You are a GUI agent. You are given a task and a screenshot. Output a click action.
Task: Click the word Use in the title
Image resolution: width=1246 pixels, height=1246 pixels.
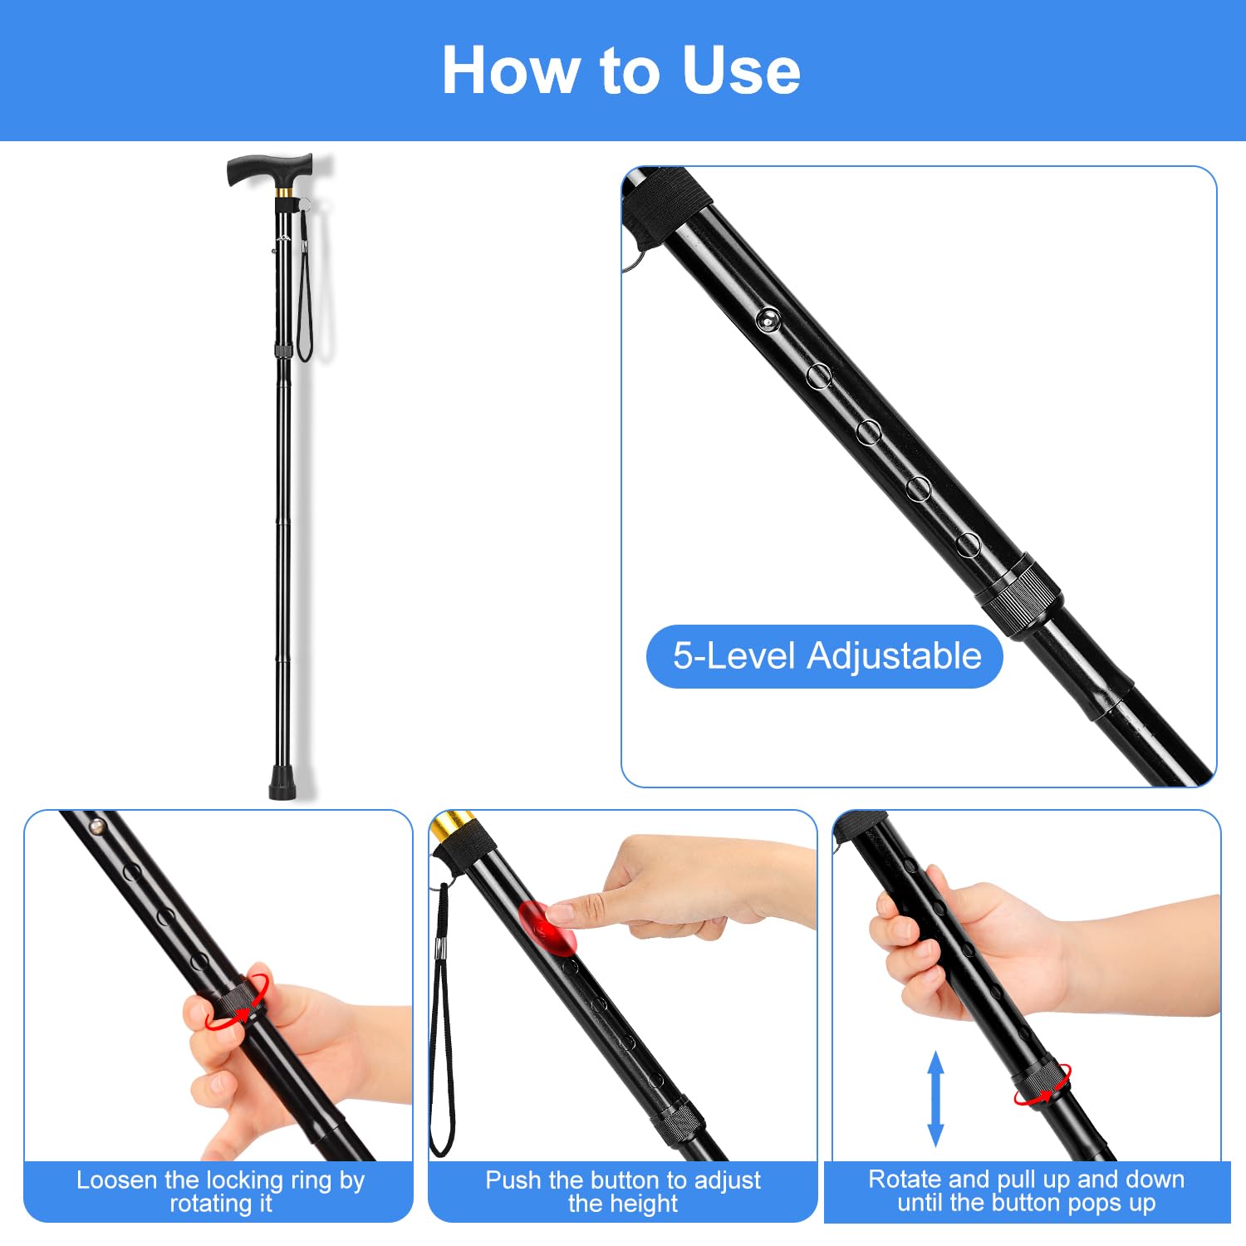tap(741, 71)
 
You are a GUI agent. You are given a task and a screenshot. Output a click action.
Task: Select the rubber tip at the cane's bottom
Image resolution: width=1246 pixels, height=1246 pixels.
tap(283, 782)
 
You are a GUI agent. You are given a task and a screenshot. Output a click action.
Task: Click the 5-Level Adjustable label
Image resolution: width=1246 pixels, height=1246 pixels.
tap(826, 655)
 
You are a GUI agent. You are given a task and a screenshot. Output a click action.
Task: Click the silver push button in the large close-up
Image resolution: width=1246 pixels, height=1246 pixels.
tap(768, 319)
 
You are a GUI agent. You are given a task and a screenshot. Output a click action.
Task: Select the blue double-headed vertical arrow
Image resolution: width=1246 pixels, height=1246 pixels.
tap(935, 1098)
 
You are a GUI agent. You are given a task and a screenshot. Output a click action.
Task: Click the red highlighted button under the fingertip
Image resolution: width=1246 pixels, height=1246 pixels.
tap(547, 928)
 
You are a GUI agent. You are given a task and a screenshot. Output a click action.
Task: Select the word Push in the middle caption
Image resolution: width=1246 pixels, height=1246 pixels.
tap(513, 1180)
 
